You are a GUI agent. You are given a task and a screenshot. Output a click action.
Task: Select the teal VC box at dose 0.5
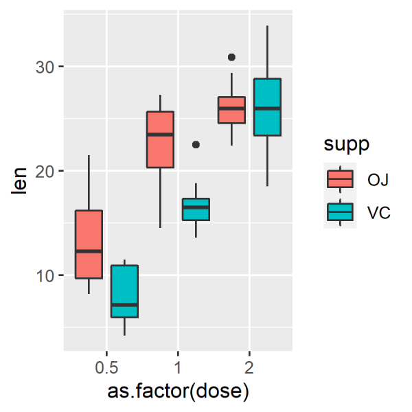[x=124, y=291]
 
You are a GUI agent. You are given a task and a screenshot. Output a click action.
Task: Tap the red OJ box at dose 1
[x=160, y=139]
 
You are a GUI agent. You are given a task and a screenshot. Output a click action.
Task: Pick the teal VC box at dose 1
[x=196, y=209]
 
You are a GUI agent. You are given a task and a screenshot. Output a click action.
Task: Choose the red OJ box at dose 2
[x=231, y=110]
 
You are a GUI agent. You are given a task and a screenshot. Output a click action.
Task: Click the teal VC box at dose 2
[x=267, y=107]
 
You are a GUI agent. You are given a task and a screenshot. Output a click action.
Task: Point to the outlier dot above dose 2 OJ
[x=231, y=57]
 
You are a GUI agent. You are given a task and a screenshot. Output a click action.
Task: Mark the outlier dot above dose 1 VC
[x=196, y=145]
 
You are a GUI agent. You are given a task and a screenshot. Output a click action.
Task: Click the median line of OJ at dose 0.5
[x=89, y=251]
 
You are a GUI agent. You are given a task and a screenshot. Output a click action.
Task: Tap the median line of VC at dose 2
[x=267, y=108]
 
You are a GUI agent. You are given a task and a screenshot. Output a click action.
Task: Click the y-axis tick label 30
[x=46, y=67]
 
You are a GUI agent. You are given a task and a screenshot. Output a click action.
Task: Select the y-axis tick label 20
[x=46, y=171]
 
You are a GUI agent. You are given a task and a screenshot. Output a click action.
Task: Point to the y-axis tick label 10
[x=46, y=275]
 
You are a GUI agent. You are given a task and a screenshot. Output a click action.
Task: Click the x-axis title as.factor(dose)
[x=178, y=393]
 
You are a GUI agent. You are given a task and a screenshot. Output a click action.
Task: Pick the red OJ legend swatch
[x=341, y=179]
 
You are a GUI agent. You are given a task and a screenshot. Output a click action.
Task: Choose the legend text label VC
[x=378, y=213]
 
